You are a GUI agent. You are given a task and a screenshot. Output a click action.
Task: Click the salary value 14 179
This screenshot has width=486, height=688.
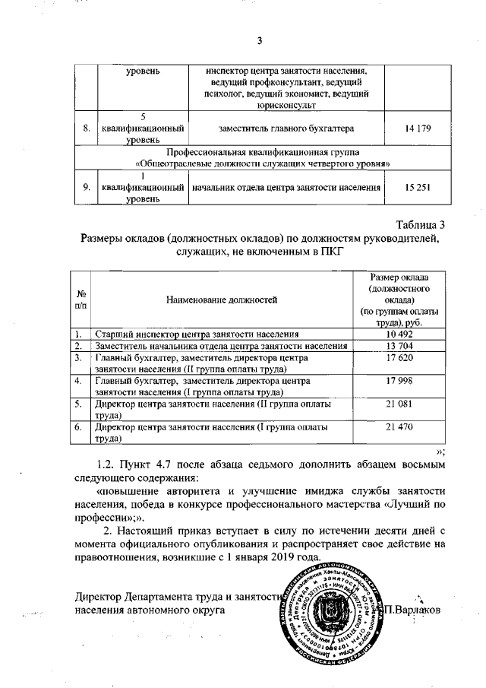[419, 128]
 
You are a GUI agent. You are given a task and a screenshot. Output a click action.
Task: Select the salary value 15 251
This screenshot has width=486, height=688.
[419, 187]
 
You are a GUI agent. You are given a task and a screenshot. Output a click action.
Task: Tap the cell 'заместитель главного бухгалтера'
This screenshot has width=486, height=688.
[286, 128]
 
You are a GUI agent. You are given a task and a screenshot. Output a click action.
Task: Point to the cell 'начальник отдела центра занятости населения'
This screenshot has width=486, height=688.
[286, 187]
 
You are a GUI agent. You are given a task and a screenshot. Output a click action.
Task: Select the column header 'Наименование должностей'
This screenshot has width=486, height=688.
[221, 300]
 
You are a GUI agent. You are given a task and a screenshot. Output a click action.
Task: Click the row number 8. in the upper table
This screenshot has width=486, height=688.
[87, 128]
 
